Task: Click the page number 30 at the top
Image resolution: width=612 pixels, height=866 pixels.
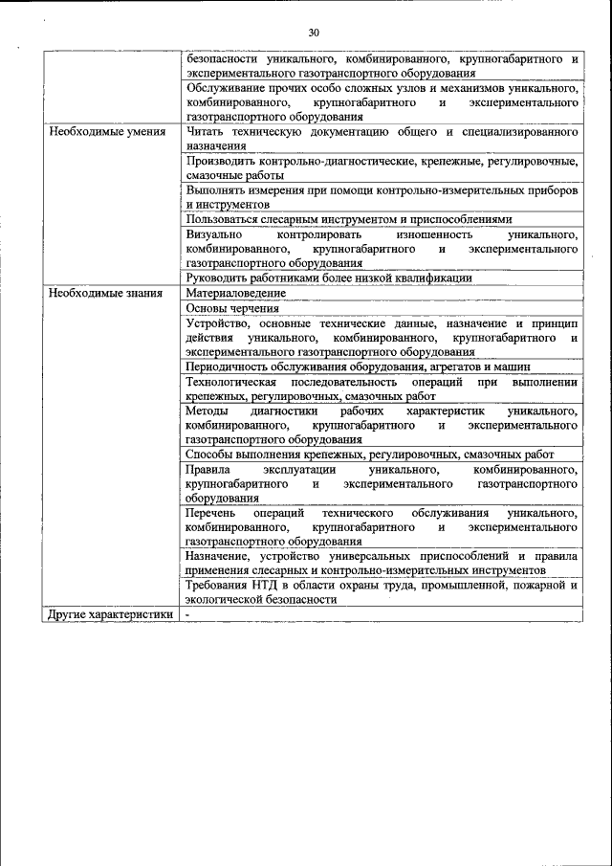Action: [314, 33]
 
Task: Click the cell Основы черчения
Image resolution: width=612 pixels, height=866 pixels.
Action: [232, 308]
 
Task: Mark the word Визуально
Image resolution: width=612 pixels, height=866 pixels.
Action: [214, 233]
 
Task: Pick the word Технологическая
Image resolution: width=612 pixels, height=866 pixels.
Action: [231, 382]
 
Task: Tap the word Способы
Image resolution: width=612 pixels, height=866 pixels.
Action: [212, 455]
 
